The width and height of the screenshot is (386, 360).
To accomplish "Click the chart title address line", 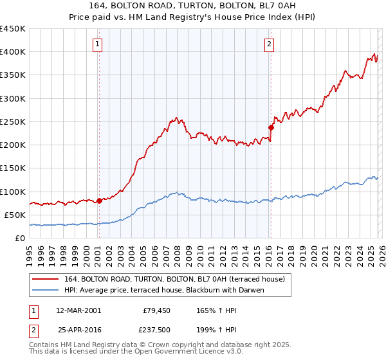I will coord(192,6).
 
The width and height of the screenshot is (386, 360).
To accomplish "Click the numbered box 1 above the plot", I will coord(97,44).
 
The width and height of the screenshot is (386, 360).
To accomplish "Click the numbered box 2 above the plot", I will coord(269,44).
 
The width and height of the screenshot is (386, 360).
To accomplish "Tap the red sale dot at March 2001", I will coord(99,201).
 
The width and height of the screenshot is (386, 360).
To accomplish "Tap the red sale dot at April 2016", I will coord(271,127).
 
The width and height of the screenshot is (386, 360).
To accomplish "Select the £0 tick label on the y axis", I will coord(19,238).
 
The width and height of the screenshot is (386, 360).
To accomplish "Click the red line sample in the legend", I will coord(46,278).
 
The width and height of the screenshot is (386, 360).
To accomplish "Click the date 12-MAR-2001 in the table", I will coord(78,310).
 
